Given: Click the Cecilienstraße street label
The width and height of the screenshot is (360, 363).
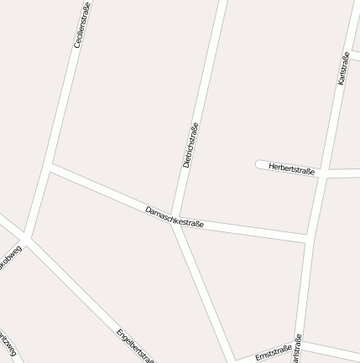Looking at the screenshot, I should click(x=82, y=24).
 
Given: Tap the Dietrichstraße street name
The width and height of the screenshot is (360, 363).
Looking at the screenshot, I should click(x=190, y=145).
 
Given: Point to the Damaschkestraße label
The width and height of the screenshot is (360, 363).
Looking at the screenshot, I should click(x=175, y=217).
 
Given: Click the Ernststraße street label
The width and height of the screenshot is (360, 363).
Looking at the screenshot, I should click(x=273, y=352).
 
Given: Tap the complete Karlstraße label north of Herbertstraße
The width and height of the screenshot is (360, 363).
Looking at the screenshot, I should click(x=342, y=68).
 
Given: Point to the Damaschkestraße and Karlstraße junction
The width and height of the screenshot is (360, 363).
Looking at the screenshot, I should click(x=308, y=239).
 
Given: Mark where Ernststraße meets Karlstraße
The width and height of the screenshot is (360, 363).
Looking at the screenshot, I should click(x=299, y=343).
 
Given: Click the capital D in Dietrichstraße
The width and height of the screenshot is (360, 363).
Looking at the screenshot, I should click(x=186, y=164).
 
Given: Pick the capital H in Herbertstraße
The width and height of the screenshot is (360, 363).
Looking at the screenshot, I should click(x=271, y=166).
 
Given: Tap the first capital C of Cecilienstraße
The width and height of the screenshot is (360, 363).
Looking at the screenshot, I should click(x=78, y=44).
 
